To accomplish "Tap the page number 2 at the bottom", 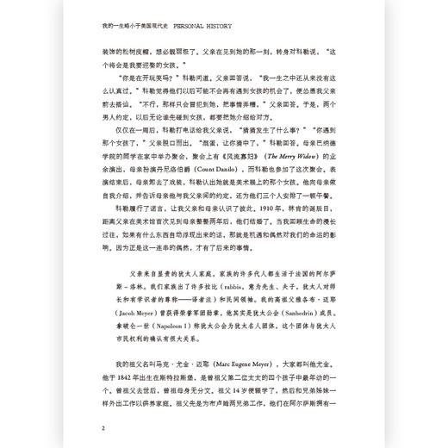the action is [103, 427].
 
